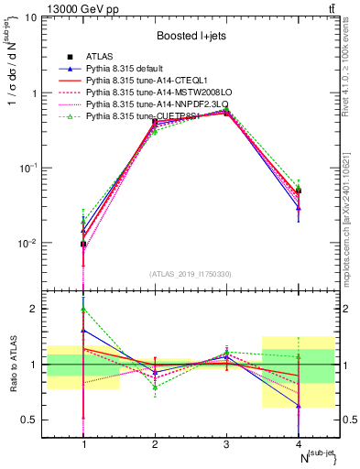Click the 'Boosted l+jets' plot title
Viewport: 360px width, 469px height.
pyautogui.click(x=191, y=37)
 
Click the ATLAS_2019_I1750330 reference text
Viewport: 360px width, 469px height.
pyautogui.click(x=191, y=274)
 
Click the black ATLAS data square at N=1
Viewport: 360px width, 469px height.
pyautogui.click(x=84, y=244)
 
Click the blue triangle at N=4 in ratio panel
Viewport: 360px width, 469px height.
pyautogui.click(x=298, y=405)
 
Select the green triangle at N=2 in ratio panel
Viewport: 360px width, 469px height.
pyautogui.click(x=155, y=387)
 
